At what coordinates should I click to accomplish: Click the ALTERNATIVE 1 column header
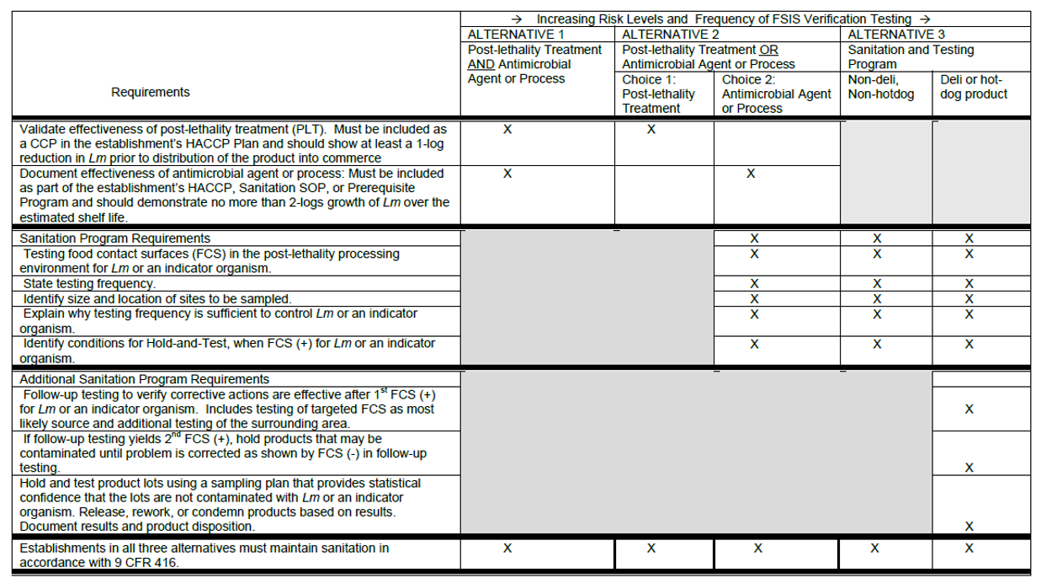coord(516,35)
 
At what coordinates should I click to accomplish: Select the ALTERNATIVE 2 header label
coord(671,35)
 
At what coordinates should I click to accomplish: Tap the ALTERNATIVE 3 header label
coord(890,35)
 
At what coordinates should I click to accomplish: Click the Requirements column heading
coord(151,92)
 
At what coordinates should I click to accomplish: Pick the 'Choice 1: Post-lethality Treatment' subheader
coord(658,94)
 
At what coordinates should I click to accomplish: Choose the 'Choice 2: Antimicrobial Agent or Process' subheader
coord(776,94)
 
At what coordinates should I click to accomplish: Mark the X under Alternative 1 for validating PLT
coord(507,130)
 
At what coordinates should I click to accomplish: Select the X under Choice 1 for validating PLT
coord(651,130)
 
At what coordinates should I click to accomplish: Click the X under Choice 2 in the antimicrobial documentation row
coord(751,174)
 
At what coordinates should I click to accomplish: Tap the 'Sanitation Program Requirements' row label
coord(115,238)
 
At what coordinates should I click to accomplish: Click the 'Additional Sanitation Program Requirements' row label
coord(145,379)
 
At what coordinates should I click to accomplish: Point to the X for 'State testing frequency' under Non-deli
coord(877,284)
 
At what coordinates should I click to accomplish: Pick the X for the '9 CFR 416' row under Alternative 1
coord(507,549)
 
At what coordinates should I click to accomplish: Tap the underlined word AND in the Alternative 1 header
coord(481,64)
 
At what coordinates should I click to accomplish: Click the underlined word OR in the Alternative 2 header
coord(768,50)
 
